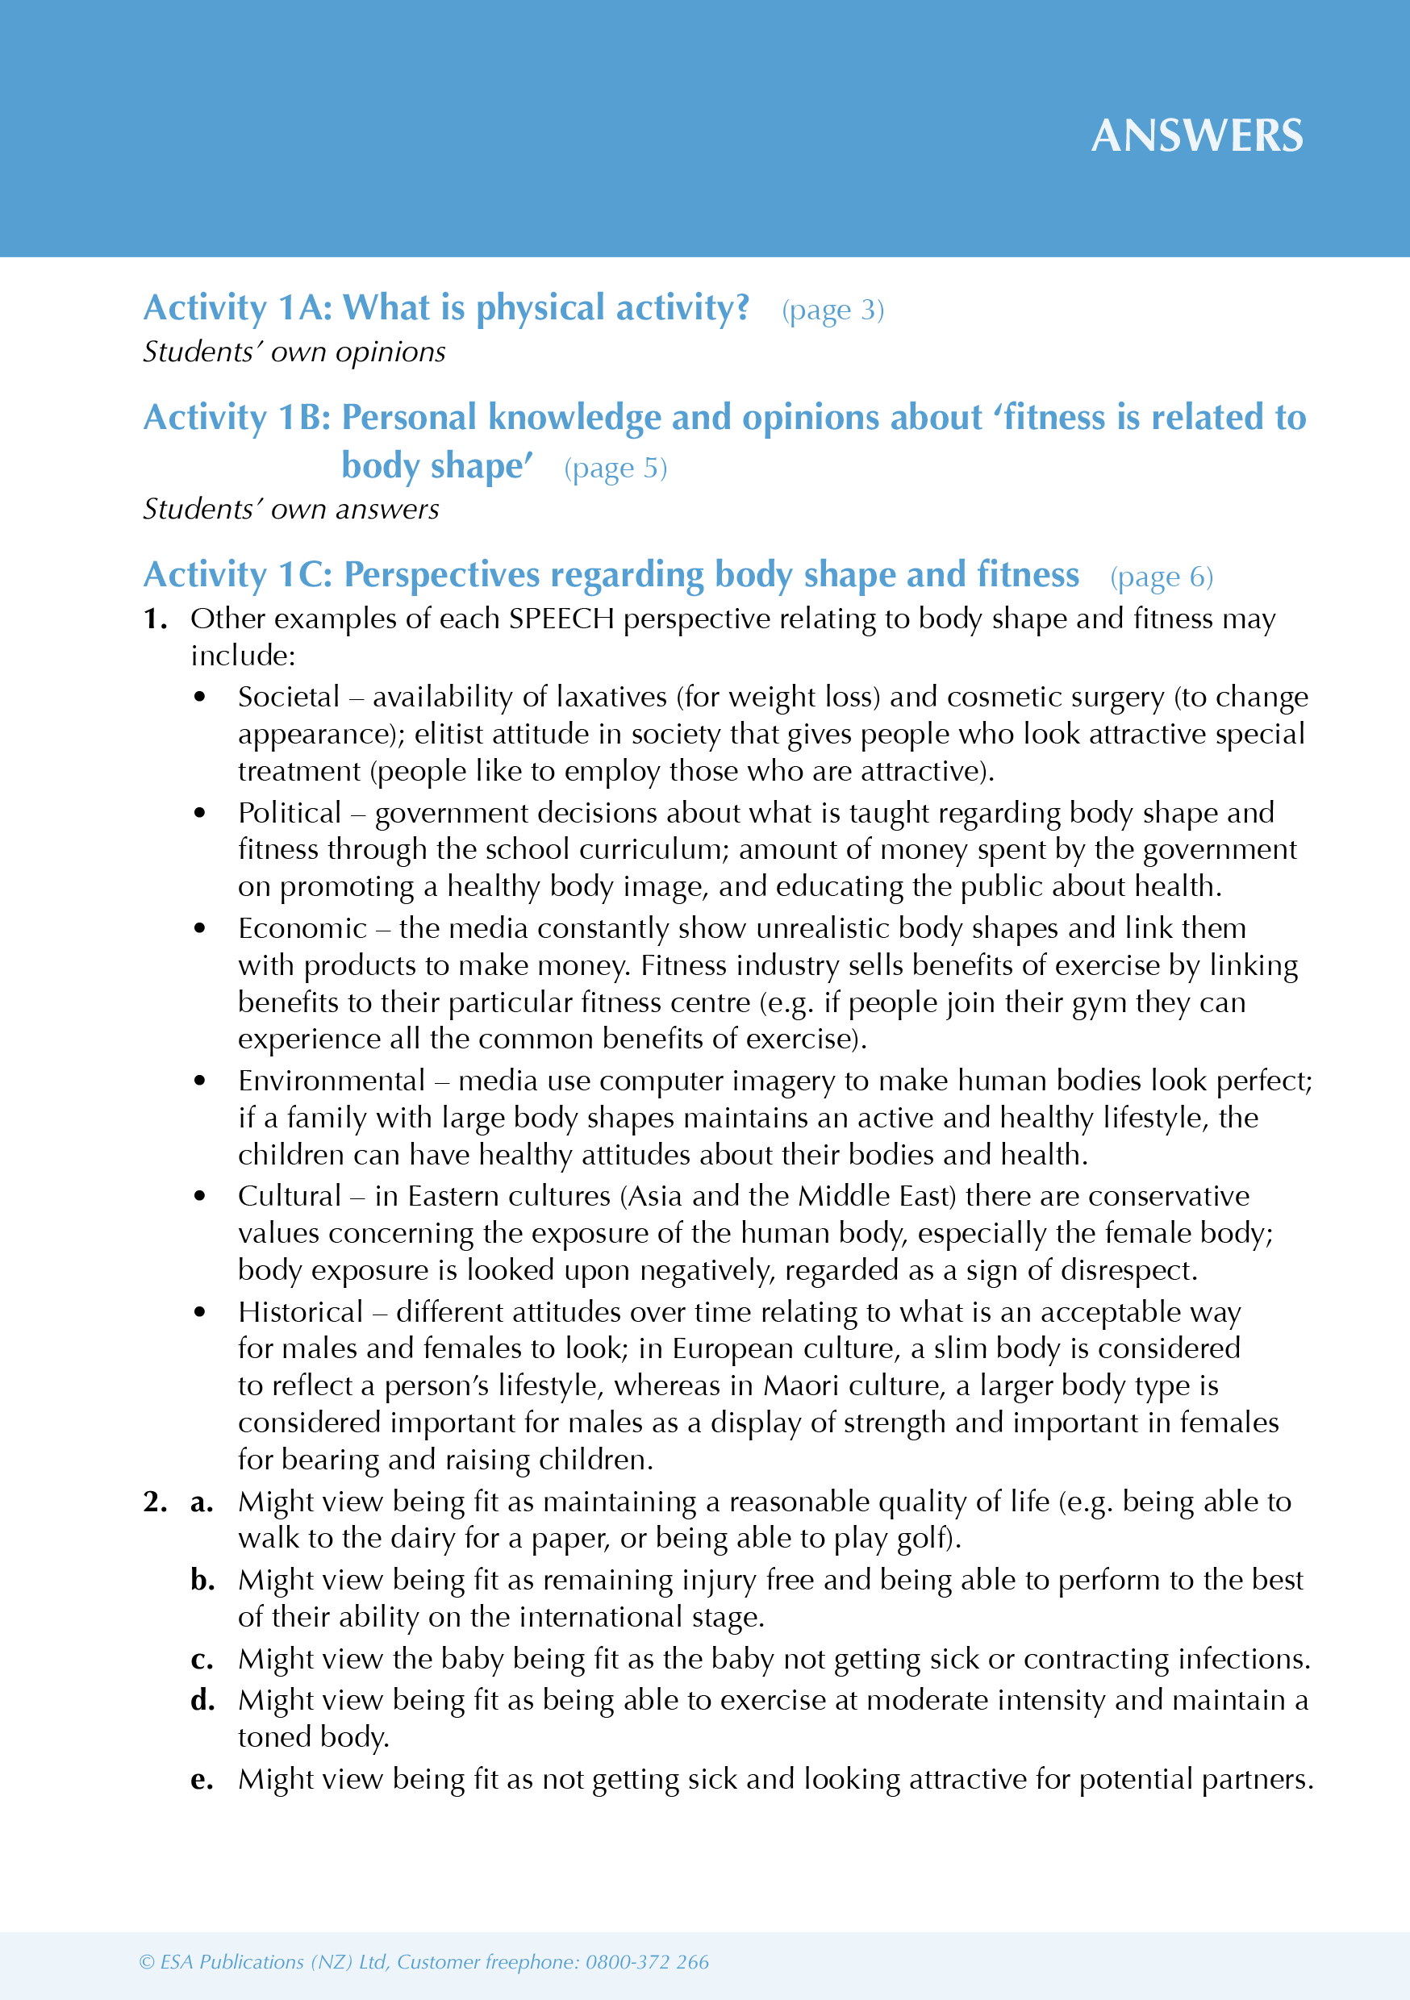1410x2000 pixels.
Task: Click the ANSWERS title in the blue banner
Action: [1196, 136]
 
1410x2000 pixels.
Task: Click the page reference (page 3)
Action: [832, 310]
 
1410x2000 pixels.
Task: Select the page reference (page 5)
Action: [615, 469]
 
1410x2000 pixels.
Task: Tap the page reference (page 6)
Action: [1161, 577]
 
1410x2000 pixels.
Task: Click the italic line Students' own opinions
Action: [294, 352]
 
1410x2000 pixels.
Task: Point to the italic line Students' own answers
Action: [291, 509]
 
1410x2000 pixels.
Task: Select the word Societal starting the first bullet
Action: [289, 697]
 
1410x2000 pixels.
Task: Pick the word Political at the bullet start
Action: [290, 813]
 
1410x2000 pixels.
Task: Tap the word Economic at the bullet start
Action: [302, 928]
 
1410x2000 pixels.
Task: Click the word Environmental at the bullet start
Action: [332, 1081]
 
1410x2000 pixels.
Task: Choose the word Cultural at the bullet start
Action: [290, 1196]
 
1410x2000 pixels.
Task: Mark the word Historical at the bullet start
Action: [300, 1312]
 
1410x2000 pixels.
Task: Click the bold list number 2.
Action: [155, 1502]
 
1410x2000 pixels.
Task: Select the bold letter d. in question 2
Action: [202, 1699]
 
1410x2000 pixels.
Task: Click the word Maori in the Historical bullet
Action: [801, 1385]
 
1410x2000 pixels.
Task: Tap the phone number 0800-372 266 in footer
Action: [647, 1961]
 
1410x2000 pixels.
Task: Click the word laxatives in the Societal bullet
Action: [611, 697]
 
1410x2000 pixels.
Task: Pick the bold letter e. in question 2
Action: [202, 1779]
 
